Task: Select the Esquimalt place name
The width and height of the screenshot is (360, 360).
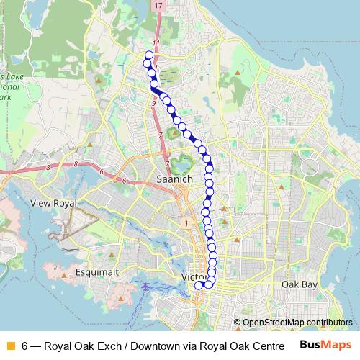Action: (x=97, y=274)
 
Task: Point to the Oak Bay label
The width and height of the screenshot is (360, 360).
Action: (x=300, y=285)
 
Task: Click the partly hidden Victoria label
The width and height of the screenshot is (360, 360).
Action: (x=190, y=277)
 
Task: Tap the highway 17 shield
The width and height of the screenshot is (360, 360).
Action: (x=158, y=5)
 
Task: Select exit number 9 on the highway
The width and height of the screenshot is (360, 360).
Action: (x=153, y=104)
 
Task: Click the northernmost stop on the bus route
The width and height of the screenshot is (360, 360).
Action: (x=149, y=55)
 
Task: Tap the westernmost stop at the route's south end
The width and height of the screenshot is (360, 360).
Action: (x=199, y=285)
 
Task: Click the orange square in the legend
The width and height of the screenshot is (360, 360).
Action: (x=9, y=346)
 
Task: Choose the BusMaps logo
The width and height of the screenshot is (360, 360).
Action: (x=325, y=345)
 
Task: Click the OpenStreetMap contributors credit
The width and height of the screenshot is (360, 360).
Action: (x=297, y=323)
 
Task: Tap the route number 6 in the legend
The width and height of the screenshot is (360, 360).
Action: (x=25, y=346)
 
